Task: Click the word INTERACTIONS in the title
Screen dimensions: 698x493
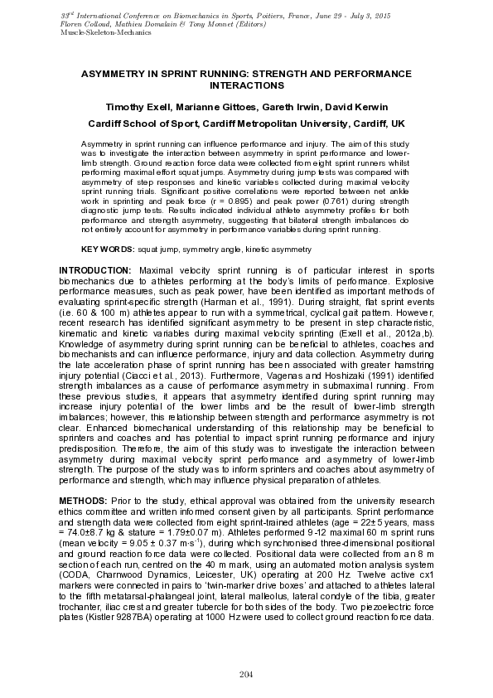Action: point(246,85)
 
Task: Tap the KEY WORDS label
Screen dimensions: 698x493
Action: point(106,250)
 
